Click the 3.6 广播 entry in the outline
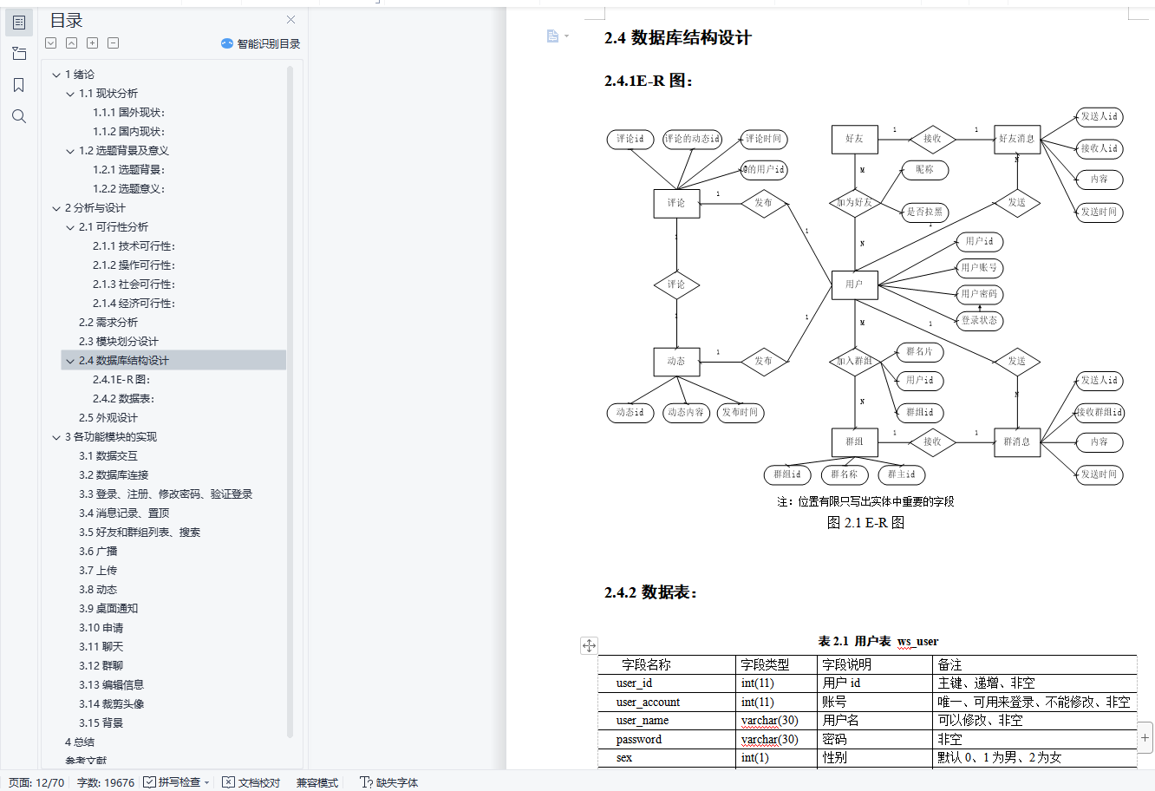pyautogui.click(x=98, y=552)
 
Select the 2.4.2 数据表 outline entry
pyautogui.click(x=123, y=399)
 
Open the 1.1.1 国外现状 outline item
pyautogui.click(x=128, y=113)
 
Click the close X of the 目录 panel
pyautogui.click(x=290, y=20)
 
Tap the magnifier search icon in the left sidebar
pyautogui.click(x=19, y=116)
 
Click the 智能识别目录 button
pyautogui.click(x=261, y=43)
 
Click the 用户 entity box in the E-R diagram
pyautogui.click(x=854, y=284)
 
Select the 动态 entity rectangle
pyautogui.click(x=676, y=362)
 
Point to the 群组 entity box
pyautogui.click(x=854, y=441)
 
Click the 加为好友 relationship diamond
pyautogui.click(x=854, y=203)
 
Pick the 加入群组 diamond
pyautogui.click(x=854, y=362)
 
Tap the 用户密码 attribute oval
pyautogui.click(x=980, y=294)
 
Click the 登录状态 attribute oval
pyautogui.click(x=980, y=321)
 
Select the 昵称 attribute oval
pyautogui.click(x=924, y=170)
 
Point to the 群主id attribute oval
pyautogui.click(x=901, y=474)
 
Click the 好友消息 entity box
pyautogui.click(x=1016, y=139)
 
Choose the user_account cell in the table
pyautogui.click(x=648, y=703)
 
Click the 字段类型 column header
pyautogui.click(x=765, y=665)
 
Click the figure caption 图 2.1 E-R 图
pyautogui.click(x=865, y=523)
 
